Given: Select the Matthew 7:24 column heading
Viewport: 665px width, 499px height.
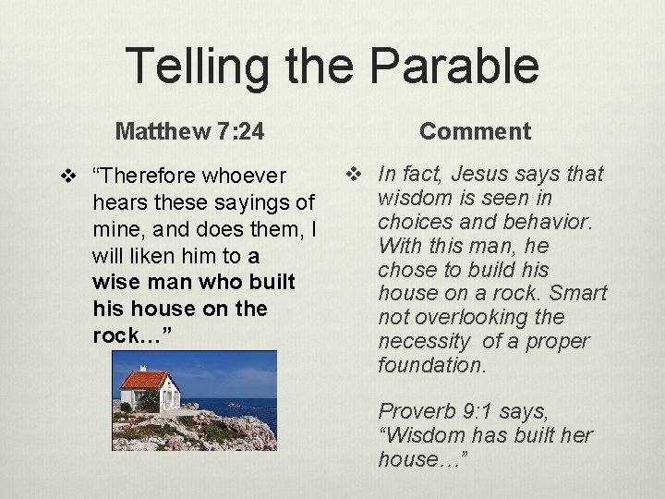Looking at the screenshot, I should (x=189, y=132).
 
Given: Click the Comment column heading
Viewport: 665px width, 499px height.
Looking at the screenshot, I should (x=475, y=131).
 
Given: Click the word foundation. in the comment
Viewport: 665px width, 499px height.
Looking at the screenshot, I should (x=431, y=366).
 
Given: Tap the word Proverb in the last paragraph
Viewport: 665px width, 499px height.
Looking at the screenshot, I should (x=413, y=411).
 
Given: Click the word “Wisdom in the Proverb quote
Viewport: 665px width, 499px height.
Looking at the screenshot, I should (x=417, y=435).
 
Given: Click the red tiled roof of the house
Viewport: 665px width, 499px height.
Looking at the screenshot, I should (x=145, y=378).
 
